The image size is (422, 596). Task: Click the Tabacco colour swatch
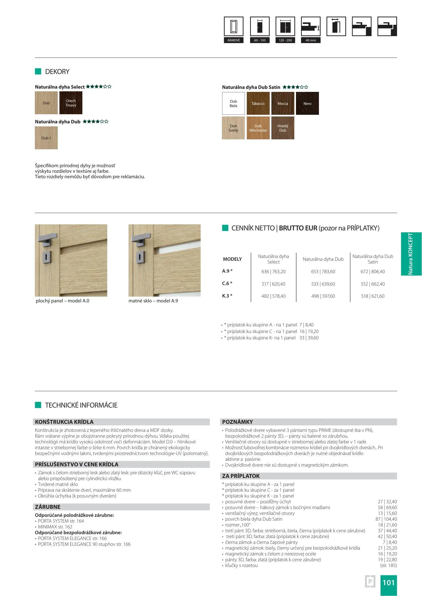coord(258,103)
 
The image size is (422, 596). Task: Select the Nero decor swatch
coord(307,103)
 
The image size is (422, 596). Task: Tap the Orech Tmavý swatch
coord(71,103)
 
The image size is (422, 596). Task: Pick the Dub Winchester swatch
coord(258,128)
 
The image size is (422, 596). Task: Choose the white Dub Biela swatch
coord(233,103)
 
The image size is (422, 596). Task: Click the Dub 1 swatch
coord(46,138)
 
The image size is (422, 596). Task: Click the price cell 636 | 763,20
coord(273,272)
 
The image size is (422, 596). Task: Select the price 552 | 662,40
coord(373,284)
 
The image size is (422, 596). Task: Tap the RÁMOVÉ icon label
coord(234,40)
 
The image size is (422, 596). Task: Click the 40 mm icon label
coord(311,40)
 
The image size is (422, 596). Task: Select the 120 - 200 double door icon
coord(285,26)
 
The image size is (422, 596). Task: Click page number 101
coord(388,583)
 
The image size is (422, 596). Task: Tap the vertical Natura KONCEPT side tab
coord(411,254)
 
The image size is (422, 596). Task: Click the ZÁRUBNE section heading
coord(48,507)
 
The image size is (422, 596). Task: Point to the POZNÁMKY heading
coord(237,422)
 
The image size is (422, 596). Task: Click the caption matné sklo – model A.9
coord(153,301)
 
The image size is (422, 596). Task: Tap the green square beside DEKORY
coord(38,71)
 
